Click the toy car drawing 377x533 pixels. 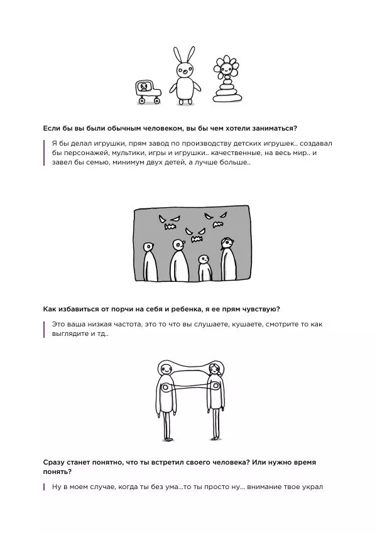click(x=148, y=92)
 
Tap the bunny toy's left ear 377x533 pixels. click(x=177, y=56)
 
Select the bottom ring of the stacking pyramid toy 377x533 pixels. click(x=227, y=98)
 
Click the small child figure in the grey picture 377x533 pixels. click(x=204, y=268)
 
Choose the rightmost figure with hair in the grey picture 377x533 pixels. click(x=228, y=259)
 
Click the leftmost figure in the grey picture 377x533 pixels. click(x=150, y=262)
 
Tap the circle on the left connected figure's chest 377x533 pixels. click(x=165, y=387)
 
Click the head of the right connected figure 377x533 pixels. click(x=214, y=368)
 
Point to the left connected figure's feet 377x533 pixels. click(x=167, y=438)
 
